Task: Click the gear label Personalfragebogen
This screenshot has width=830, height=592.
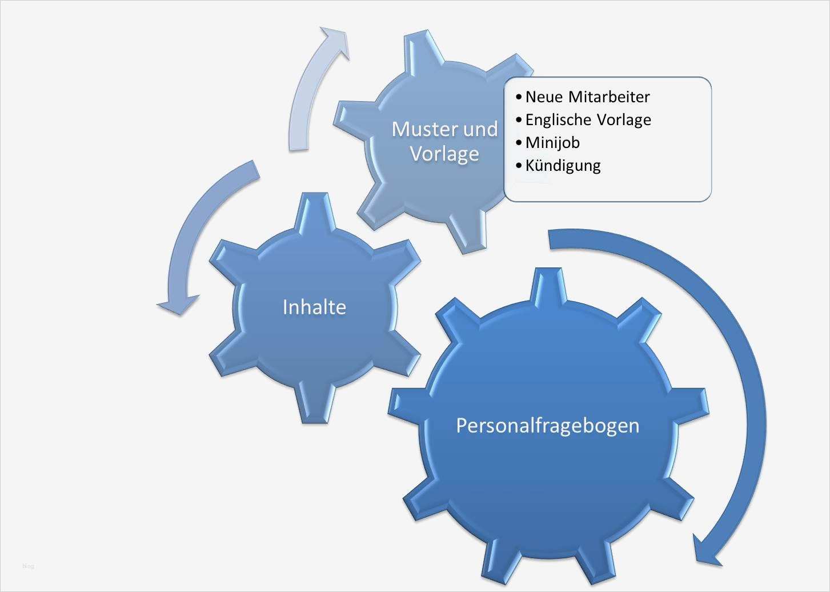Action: pyautogui.click(x=547, y=425)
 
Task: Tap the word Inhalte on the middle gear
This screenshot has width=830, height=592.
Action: pyautogui.click(x=314, y=307)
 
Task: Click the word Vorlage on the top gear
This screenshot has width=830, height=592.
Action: pyautogui.click(x=444, y=153)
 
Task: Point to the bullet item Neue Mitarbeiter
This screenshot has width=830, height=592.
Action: pyautogui.click(x=587, y=97)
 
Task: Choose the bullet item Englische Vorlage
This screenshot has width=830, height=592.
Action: pyautogui.click(x=588, y=119)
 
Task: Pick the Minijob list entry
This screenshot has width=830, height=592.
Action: pyautogui.click(x=552, y=142)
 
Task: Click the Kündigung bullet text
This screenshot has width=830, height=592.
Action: pyautogui.click(x=563, y=166)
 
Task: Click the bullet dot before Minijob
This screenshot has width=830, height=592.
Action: pyautogui.click(x=518, y=142)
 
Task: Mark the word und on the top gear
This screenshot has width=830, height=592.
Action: pyautogui.click(x=480, y=129)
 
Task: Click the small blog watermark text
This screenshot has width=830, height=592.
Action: pyautogui.click(x=29, y=566)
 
